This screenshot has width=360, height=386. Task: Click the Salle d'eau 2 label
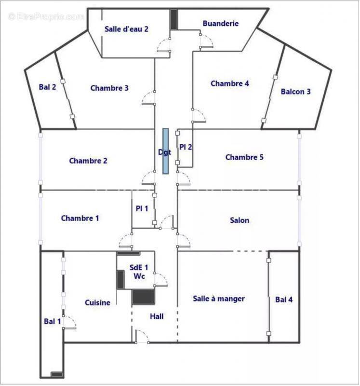click(x=126, y=29)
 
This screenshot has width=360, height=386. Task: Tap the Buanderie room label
click(x=220, y=23)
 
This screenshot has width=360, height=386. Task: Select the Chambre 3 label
click(x=109, y=88)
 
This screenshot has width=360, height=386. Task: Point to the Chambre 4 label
click(x=230, y=83)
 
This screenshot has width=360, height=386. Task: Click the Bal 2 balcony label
click(x=48, y=87)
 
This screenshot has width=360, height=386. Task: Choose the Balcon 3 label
click(x=295, y=92)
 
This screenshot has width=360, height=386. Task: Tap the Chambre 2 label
click(x=88, y=161)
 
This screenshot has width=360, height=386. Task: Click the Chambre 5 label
click(x=244, y=157)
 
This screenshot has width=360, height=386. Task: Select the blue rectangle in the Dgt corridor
click(x=165, y=151)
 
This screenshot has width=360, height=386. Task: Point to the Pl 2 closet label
click(x=186, y=147)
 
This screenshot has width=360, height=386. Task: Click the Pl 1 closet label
click(x=142, y=208)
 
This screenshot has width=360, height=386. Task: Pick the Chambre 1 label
click(x=80, y=219)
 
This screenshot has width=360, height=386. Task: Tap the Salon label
click(x=240, y=221)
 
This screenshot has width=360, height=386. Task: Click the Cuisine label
click(x=97, y=303)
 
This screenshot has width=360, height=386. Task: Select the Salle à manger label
click(x=219, y=299)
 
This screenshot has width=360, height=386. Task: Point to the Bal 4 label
click(x=284, y=300)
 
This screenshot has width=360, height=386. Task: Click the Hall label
click(x=157, y=317)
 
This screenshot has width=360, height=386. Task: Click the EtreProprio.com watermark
click(x=46, y=17)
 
